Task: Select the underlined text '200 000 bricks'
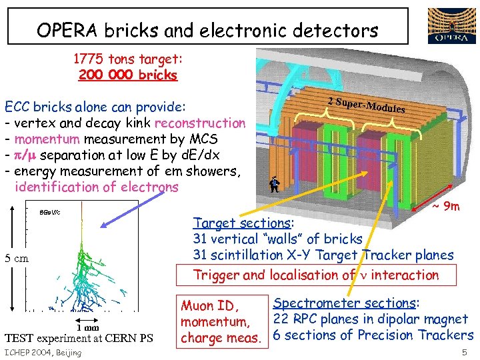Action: pos(128,75)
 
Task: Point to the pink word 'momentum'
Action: pos(44,139)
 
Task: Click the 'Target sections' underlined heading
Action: pos(243,223)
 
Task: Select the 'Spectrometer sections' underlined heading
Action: pos(346,303)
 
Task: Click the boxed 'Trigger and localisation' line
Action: pos(315,274)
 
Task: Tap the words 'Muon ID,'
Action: pos(209,306)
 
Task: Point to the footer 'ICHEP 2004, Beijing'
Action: pos(43,352)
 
